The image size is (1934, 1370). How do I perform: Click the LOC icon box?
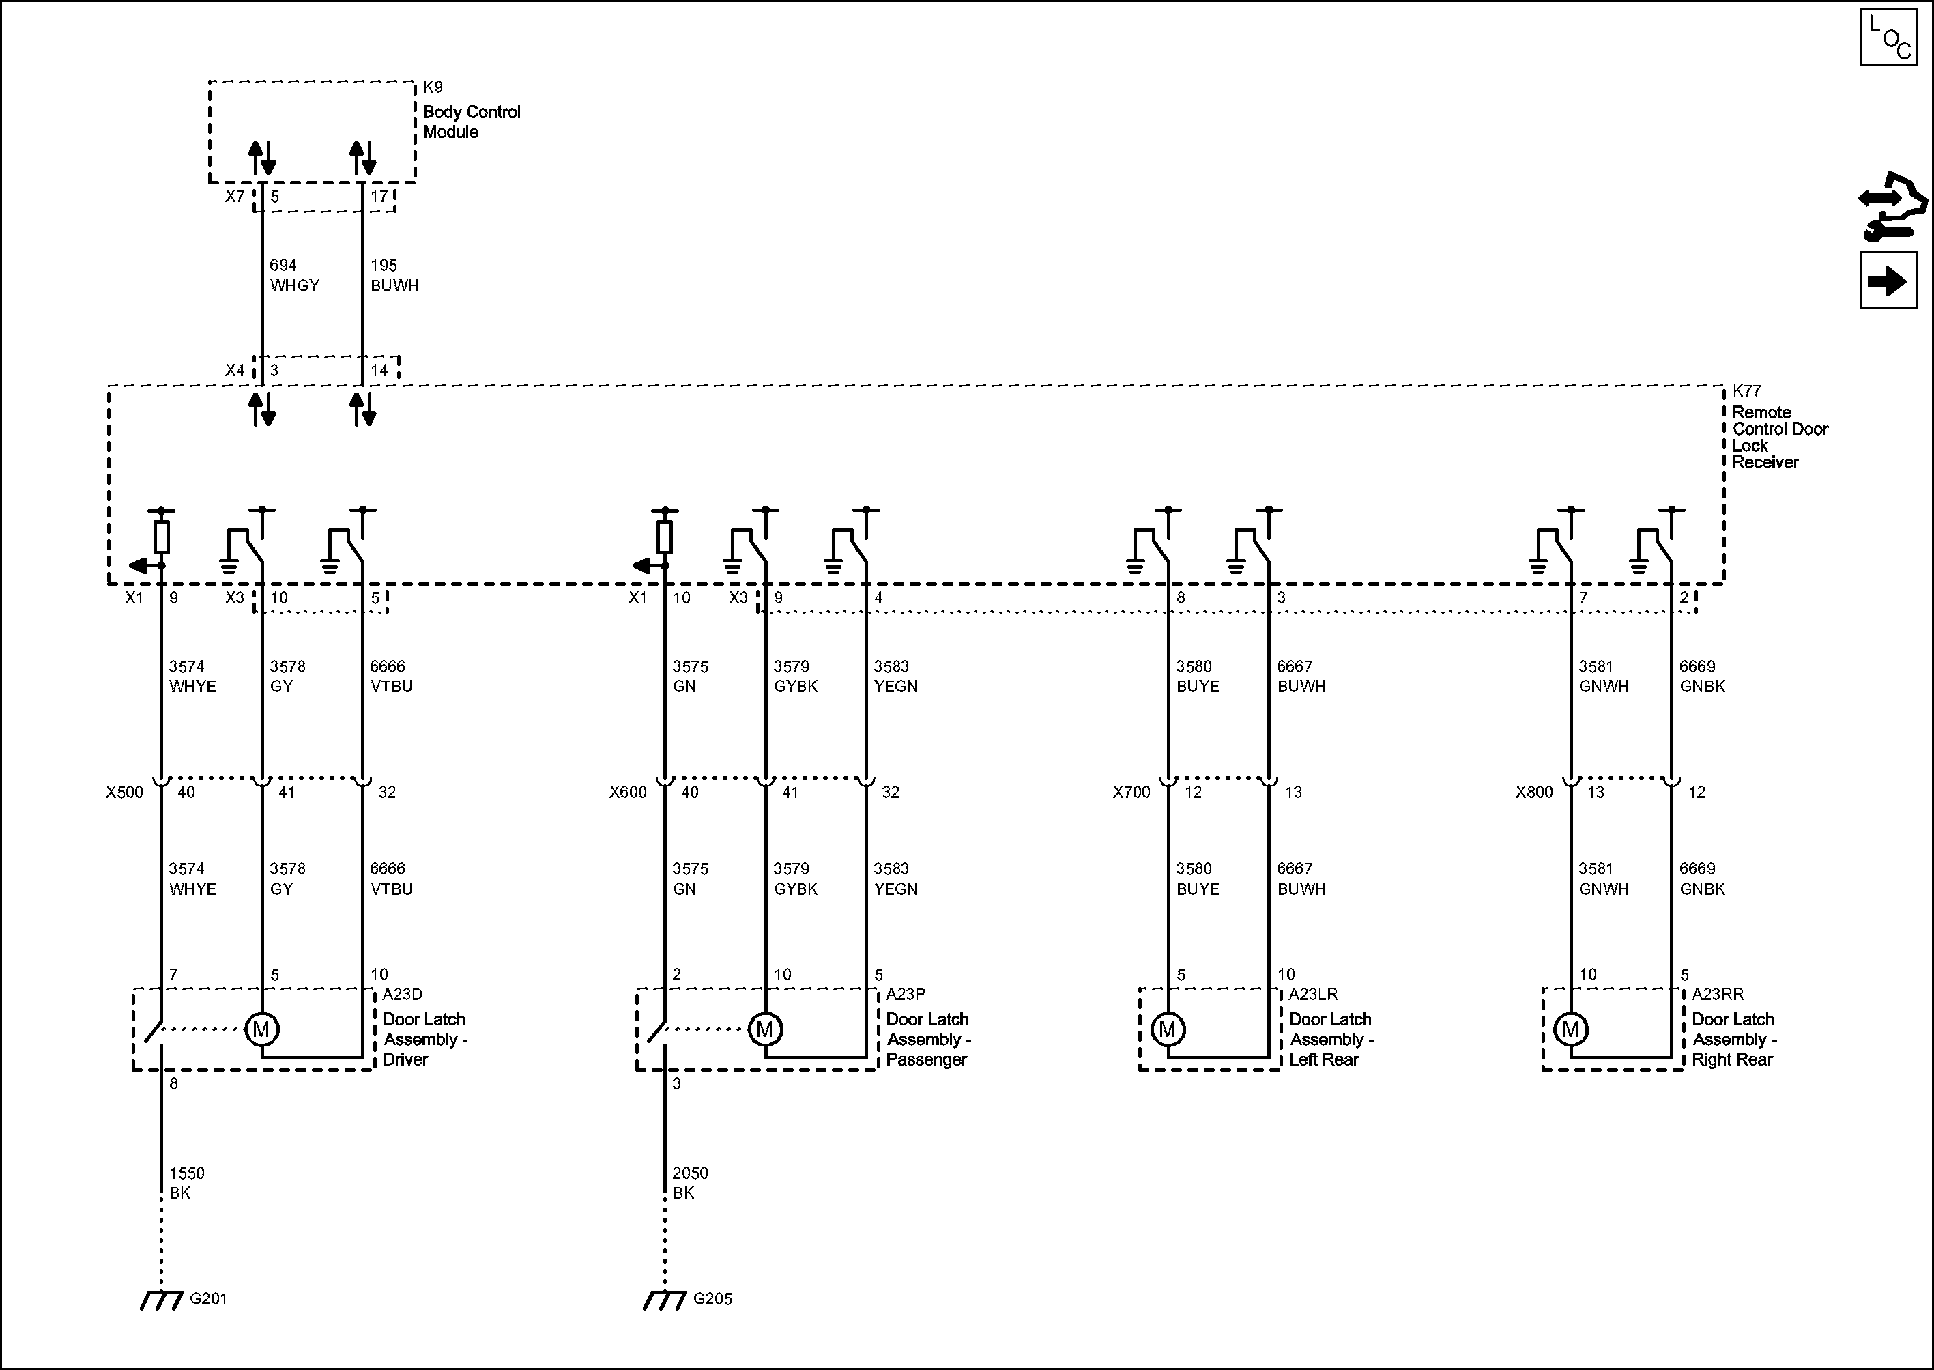click(x=1888, y=37)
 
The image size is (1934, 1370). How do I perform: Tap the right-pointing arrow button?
click(x=1888, y=280)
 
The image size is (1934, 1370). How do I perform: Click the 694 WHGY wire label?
click(x=294, y=275)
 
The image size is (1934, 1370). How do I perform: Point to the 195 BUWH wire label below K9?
click(x=394, y=275)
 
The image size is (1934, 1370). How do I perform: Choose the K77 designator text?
click(x=1747, y=391)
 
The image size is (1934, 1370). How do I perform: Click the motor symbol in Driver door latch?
click(x=261, y=1029)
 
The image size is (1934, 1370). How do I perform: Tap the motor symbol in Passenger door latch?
click(x=765, y=1029)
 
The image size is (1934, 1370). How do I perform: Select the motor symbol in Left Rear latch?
click(x=1168, y=1029)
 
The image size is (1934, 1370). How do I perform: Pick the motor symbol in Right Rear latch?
click(x=1570, y=1029)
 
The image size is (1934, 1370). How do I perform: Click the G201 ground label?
click(x=208, y=1299)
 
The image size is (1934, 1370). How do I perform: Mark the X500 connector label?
click(x=124, y=792)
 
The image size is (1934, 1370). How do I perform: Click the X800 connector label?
click(x=1533, y=792)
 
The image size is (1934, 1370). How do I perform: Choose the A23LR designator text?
click(x=1312, y=995)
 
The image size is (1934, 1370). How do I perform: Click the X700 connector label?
click(x=1131, y=792)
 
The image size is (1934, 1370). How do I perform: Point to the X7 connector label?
click(x=235, y=197)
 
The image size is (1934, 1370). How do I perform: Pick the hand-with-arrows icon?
click(x=1892, y=218)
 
